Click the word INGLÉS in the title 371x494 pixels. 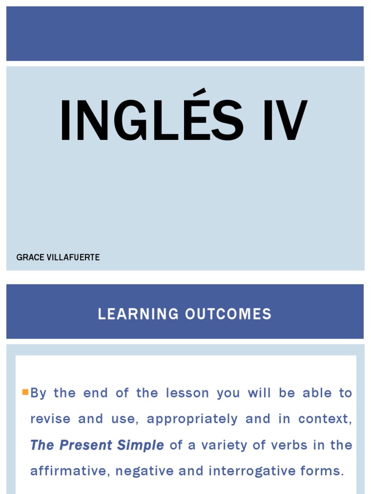tap(151, 121)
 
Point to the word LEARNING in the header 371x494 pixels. tap(138, 315)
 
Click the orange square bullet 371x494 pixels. tap(25, 392)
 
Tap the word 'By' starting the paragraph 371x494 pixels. tap(39, 393)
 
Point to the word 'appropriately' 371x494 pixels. tap(192, 419)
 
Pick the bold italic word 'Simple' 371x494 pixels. tap(144, 445)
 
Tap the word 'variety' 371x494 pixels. tap(223, 445)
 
